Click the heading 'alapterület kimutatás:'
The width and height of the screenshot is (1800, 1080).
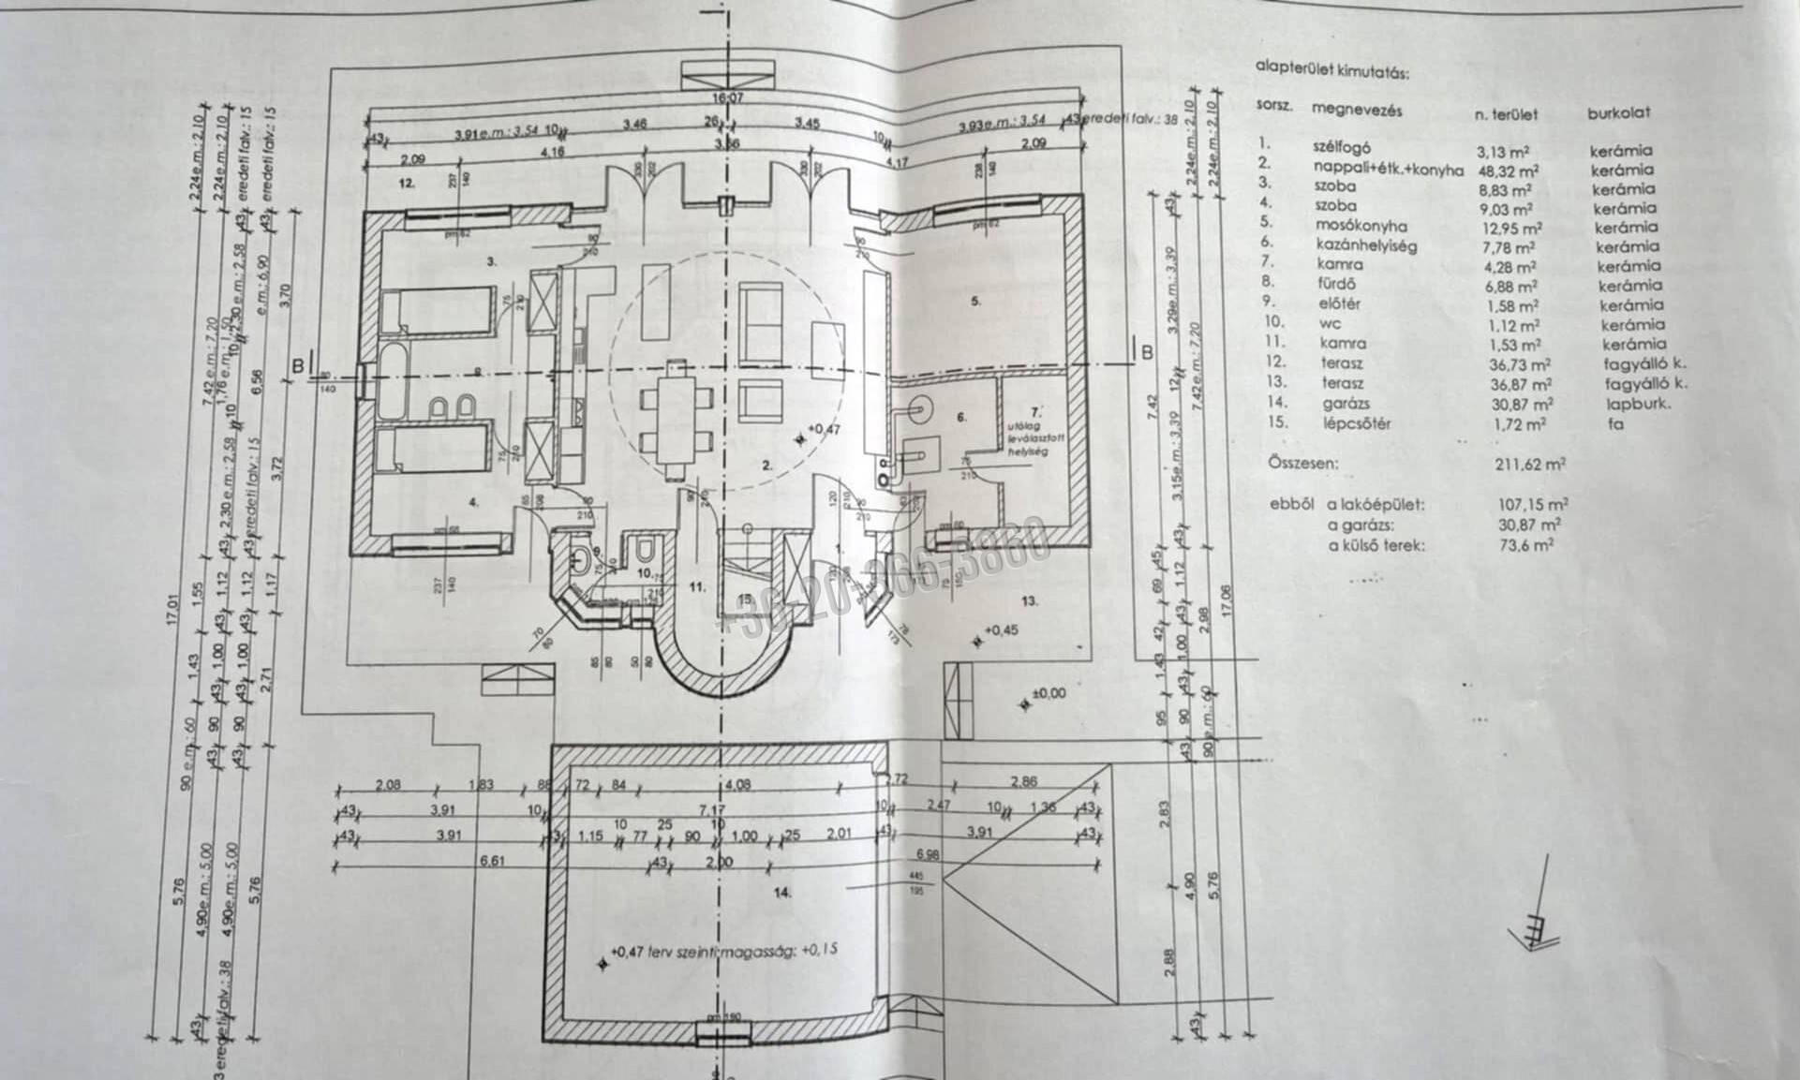[1332, 69]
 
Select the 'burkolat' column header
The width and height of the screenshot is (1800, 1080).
[1618, 112]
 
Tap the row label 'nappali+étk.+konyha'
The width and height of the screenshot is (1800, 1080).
[1388, 169]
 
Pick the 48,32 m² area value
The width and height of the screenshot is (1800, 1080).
[1508, 170]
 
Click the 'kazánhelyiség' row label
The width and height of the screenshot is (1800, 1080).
[1366, 245]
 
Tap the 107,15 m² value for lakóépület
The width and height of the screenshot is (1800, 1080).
[1534, 504]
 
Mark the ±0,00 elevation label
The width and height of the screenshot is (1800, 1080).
[1048, 693]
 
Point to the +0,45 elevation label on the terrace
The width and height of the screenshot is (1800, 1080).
[1000, 630]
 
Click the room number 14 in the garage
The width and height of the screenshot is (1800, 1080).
[782, 893]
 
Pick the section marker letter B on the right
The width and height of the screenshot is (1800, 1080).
[1146, 351]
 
